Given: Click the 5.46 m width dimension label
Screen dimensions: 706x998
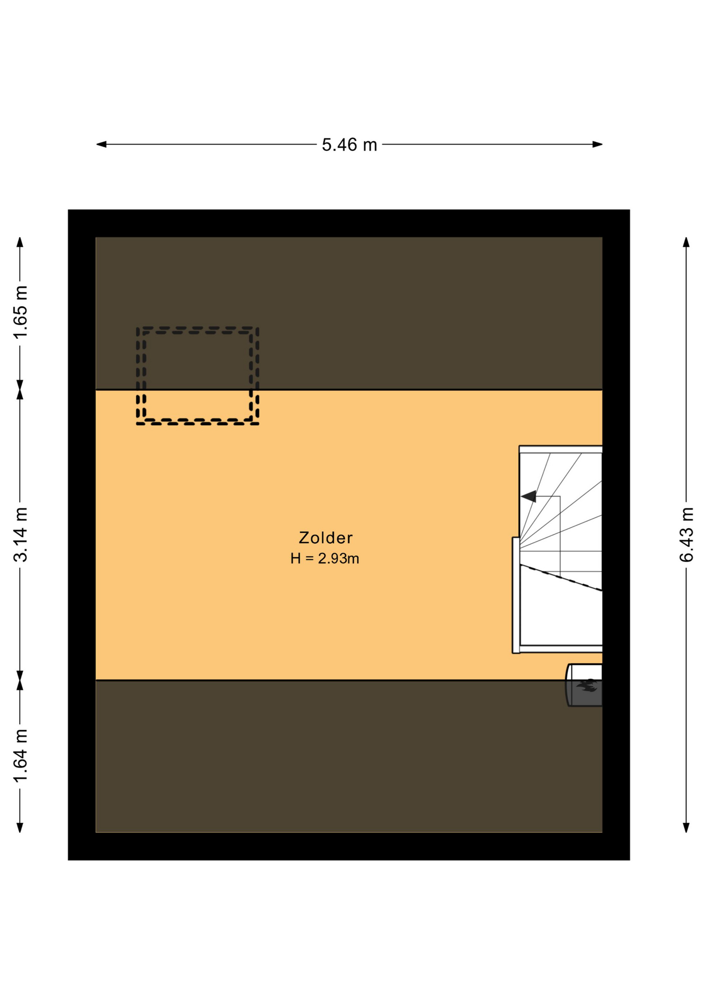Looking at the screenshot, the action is pyautogui.click(x=349, y=145).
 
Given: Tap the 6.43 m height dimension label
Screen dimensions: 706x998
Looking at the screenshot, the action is pyautogui.click(x=686, y=534).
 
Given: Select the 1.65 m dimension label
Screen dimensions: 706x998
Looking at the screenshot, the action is pyautogui.click(x=20, y=312).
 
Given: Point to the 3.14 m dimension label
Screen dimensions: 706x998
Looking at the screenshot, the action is pyautogui.click(x=20, y=534).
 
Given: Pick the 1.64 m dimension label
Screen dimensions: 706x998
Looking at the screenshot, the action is pyautogui.click(x=20, y=756).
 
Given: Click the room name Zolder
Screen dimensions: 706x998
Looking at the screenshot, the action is pyautogui.click(x=325, y=537).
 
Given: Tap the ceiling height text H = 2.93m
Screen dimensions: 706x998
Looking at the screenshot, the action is pyautogui.click(x=325, y=558).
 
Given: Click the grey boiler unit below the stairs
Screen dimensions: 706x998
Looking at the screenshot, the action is pyautogui.click(x=584, y=685).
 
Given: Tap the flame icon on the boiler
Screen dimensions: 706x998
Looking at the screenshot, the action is pyautogui.click(x=588, y=686).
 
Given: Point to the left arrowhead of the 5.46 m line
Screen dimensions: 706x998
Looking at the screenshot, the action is pyautogui.click(x=101, y=145).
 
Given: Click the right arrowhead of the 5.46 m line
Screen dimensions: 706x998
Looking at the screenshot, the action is pyautogui.click(x=597, y=145).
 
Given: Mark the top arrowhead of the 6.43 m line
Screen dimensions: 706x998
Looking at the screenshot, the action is pyautogui.click(x=686, y=242).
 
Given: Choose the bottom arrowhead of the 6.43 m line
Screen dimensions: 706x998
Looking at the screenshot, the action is pyautogui.click(x=686, y=828).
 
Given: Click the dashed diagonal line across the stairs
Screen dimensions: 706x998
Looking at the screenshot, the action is pyautogui.click(x=561, y=577).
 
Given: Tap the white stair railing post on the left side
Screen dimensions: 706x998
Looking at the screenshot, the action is pyautogui.click(x=516, y=595).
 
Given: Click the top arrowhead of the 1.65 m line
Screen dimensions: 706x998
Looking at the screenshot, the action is pyautogui.click(x=20, y=242).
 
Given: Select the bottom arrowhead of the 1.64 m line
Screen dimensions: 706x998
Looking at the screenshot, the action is pyautogui.click(x=20, y=828).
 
